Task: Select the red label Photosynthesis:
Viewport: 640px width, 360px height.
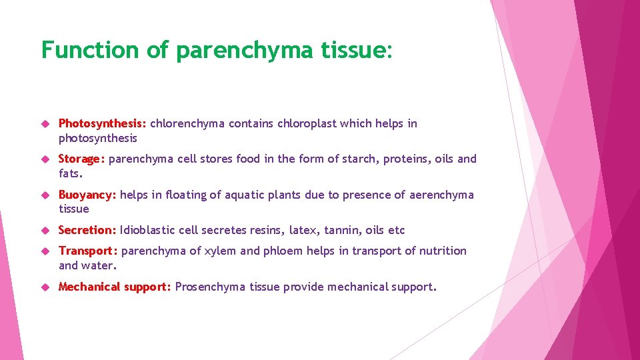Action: [103, 123]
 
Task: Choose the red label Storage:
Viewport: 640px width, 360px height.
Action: [82, 159]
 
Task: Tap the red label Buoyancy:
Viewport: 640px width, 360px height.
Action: [88, 195]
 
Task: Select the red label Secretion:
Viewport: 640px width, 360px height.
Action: [87, 230]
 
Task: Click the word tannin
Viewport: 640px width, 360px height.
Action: [343, 230]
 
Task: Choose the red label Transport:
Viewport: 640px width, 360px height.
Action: [88, 251]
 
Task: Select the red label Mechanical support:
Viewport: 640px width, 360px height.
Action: [115, 287]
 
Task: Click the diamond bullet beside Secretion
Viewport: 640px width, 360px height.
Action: [45, 231]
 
